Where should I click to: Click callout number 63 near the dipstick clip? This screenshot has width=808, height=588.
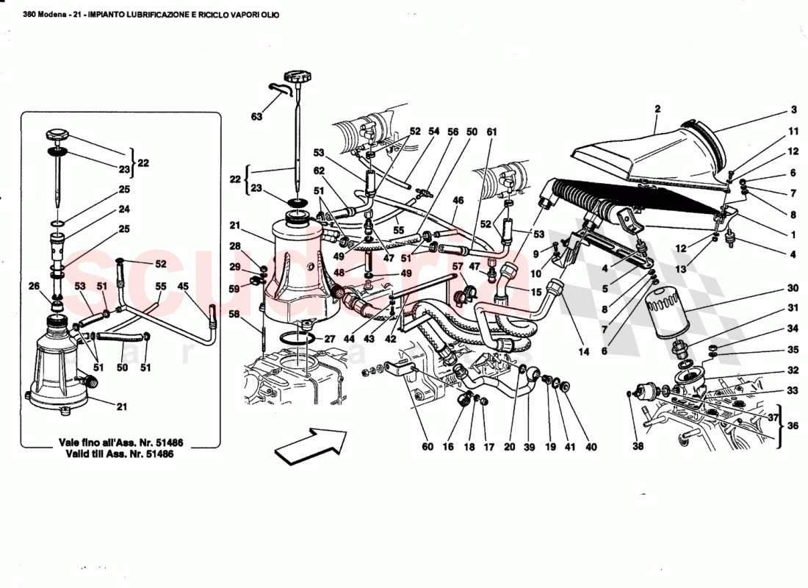256,116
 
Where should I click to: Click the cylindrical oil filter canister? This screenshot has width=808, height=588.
668,312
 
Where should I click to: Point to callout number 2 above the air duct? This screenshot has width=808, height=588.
657,109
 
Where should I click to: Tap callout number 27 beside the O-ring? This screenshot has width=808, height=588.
329,340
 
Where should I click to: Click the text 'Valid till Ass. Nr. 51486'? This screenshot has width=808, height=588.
120,454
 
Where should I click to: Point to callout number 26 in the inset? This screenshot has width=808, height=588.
33,286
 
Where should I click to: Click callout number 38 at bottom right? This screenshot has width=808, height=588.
638,446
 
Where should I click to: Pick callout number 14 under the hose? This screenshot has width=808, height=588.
583,352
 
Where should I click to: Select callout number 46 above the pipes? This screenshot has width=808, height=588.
458,199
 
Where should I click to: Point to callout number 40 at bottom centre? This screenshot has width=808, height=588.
591,446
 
